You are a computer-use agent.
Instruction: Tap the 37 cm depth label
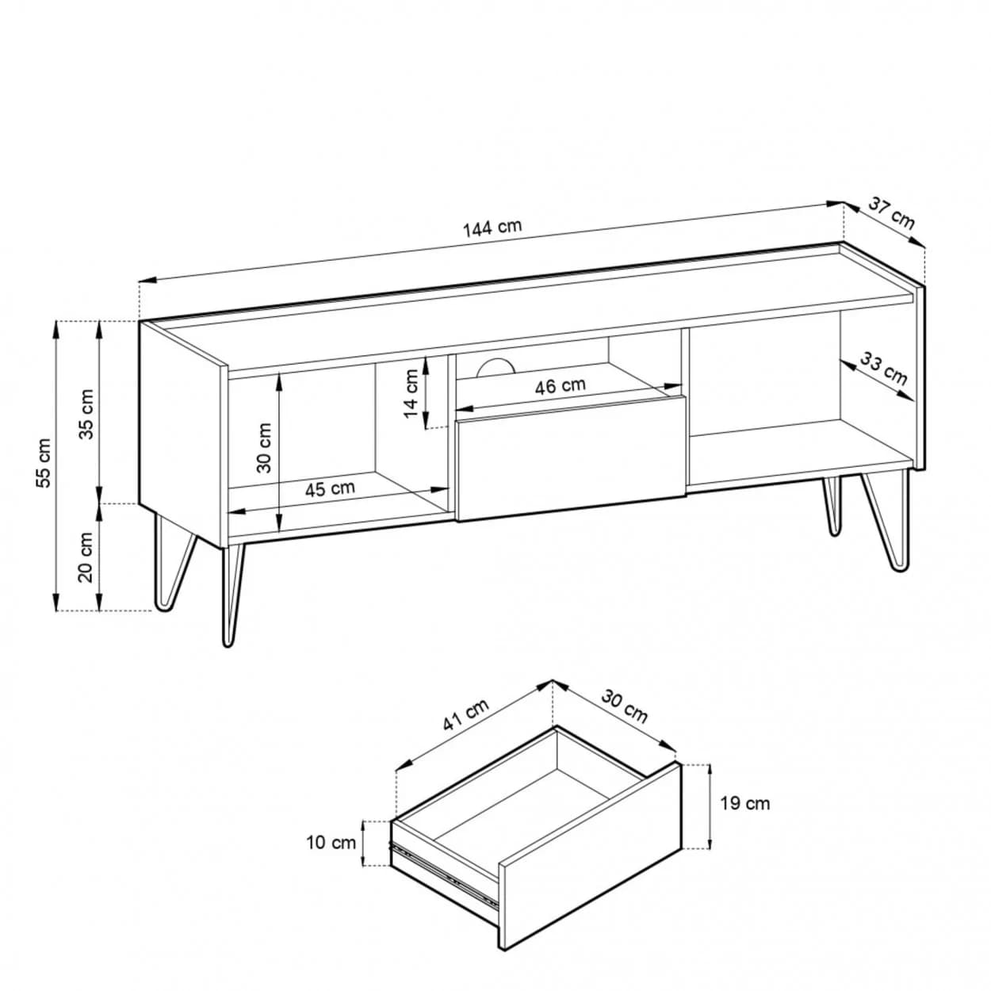[891, 213]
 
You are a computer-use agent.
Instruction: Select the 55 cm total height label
[44, 463]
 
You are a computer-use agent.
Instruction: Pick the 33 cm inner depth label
[883, 368]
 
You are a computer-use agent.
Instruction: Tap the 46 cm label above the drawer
[560, 386]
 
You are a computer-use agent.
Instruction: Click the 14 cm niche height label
[411, 394]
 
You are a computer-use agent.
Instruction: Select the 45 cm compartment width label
[330, 488]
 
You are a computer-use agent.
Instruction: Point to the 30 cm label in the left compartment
[264, 447]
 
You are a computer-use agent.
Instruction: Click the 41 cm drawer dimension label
[466, 715]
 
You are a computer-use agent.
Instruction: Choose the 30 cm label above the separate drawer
[624, 706]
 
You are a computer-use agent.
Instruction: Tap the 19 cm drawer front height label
[744, 803]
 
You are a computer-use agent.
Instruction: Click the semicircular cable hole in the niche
[495, 366]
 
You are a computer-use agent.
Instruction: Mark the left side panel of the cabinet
[183, 434]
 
